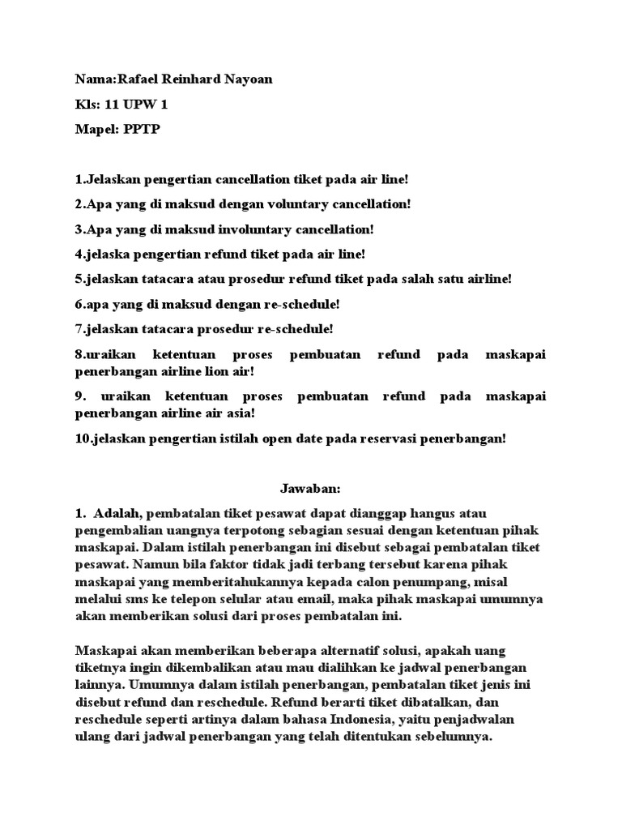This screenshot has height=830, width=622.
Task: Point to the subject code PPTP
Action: tap(143, 130)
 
